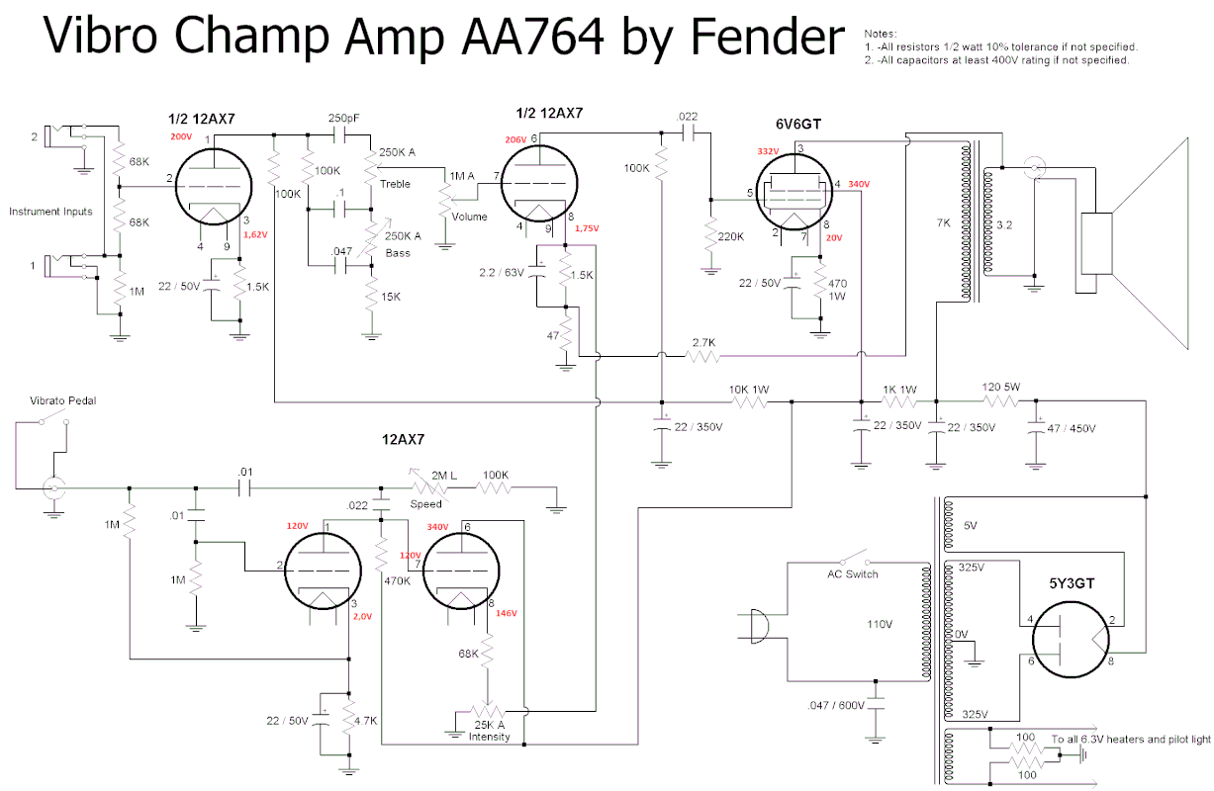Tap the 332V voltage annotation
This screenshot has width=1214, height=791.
pyautogui.click(x=767, y=151)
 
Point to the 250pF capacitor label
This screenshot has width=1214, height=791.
pyautogui.click(x=343, y=118)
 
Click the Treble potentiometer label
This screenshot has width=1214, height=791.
pyautogui.click(x=394, y=184)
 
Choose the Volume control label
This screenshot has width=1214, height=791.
pyautogui.click(x=469, y=217)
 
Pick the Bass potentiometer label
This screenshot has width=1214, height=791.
pyautogui.click(x=399, y=253)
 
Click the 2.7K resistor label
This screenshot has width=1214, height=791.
pyautogui.click(x=703, y=341)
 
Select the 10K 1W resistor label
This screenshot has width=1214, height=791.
pyautogui.click(x=750, y=389)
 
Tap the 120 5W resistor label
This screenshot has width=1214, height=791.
pyautogui.click(x=1001, y=388)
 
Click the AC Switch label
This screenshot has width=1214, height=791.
pyautogui.click(x=852, y=574)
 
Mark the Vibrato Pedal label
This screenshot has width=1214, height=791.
pyautogui.click(x=62, y=400)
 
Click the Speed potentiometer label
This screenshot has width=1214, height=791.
pyautogui.click(x=425, y=504)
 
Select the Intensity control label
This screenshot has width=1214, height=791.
pyautogui.click(x=490, y=737)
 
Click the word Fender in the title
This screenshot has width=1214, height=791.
pyautogui.click(x=767, y=37)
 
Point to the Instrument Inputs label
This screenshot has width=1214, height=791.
pyautogui.click(x=50, y=212)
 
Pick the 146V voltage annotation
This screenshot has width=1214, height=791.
pyautogui.click(x=506, y=613)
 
